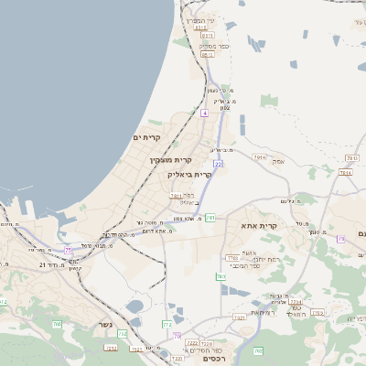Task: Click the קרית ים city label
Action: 146,137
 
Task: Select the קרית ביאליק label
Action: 189,173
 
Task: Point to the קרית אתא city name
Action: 259,225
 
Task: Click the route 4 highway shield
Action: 204,113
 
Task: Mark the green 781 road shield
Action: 210,218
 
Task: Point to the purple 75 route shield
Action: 68,250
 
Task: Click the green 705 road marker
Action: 57,324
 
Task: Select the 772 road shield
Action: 166,324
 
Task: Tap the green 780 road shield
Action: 221,276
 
